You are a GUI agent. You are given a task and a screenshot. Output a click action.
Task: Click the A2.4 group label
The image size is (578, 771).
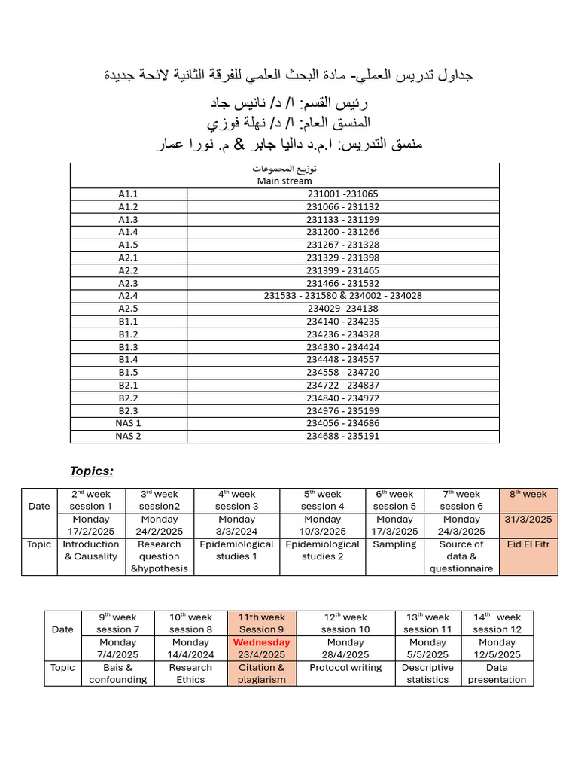[129, 295]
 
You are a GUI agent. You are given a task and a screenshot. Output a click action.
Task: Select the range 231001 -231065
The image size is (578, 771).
[342, 194]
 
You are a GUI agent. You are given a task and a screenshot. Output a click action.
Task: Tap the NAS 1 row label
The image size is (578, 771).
[129, 423]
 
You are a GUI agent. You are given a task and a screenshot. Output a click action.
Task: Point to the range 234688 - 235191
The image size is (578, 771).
[342, 436]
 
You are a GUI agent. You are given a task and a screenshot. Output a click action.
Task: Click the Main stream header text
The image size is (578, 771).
[284, 181]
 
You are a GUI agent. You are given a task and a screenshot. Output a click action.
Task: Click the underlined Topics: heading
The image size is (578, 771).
[92, 471]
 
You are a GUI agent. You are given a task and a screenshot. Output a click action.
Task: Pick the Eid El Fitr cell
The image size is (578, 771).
[529, 544]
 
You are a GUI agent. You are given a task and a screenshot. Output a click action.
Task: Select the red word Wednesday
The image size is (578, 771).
[261, 642]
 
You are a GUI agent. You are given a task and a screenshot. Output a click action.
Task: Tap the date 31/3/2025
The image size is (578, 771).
[529, 519]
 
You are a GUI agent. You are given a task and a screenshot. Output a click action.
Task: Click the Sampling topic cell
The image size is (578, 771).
[394, 544]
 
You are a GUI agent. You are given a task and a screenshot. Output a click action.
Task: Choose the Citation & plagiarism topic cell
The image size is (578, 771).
[261, 673]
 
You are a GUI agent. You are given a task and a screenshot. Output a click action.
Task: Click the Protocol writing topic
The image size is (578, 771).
[345, 667]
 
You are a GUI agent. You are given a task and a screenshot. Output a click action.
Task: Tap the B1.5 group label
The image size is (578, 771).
[129, 372]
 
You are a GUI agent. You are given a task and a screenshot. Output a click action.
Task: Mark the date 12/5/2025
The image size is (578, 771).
[497, 655]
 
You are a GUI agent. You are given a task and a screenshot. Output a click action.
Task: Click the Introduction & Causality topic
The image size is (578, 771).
[90, 550]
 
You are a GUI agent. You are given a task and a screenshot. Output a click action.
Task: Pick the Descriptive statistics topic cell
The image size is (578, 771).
[427, 673]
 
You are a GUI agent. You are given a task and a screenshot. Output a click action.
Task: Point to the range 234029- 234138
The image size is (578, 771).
[342, 308]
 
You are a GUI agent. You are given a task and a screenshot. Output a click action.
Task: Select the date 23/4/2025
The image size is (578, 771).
[261, 655]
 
